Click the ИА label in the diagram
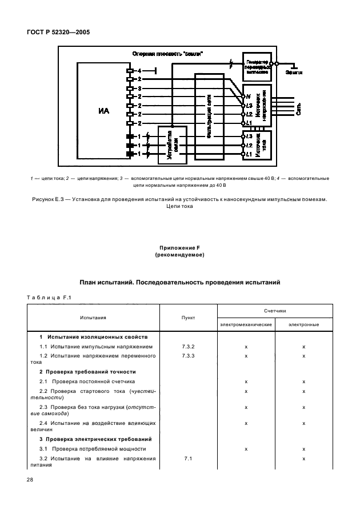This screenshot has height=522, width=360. [103, 111]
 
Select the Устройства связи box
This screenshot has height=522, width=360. [171, 143]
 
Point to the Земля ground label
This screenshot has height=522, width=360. [294, 73]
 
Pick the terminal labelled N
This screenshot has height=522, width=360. [247, 97]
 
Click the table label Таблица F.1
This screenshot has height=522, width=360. [47, 296]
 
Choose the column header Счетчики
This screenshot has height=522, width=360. [274, 310]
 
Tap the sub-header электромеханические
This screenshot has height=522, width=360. [245, 324]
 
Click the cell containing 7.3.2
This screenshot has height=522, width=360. [188, 347]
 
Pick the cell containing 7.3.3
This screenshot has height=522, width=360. [188, 355]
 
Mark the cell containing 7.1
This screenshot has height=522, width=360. [188, 459]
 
